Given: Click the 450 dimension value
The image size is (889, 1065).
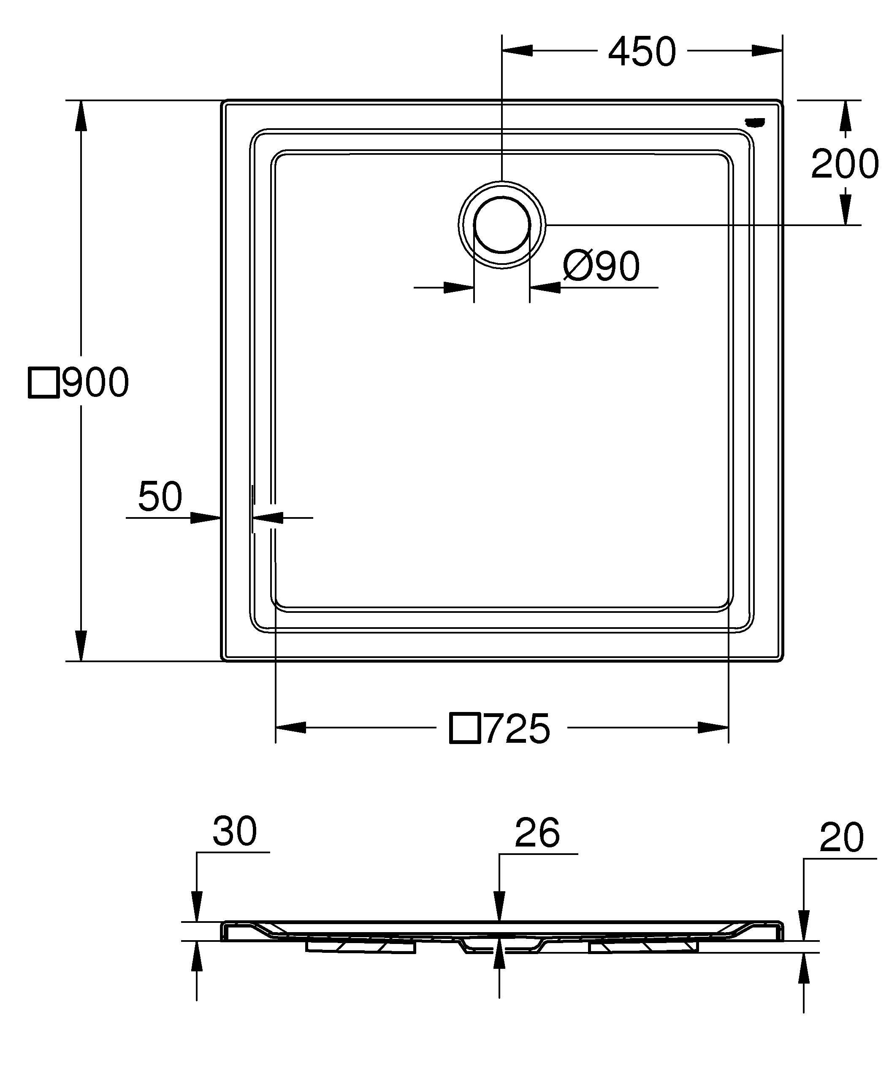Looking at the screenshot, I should [642, 52].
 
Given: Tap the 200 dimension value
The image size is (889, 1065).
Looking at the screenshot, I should [844, 164].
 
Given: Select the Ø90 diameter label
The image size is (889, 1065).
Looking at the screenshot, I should [601, 266].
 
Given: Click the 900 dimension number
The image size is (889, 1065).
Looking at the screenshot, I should [95, 383].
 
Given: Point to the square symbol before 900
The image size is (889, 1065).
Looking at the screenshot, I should [44, 383].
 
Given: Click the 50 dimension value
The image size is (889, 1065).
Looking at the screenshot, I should [160, 496].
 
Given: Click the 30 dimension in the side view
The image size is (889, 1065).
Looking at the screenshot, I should [234, 831].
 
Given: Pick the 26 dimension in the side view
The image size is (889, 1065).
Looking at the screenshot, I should [537, 832].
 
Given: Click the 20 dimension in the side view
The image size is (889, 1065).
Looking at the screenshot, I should [841, 837].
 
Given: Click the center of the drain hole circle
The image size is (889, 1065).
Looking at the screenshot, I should [502, 225].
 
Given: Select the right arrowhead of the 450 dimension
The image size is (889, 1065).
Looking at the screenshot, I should [767, 51].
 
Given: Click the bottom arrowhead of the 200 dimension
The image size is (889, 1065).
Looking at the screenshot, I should [845, 210].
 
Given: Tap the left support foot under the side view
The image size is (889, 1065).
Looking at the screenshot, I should [360, 946].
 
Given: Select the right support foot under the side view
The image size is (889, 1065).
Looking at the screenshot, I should [643, 946].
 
